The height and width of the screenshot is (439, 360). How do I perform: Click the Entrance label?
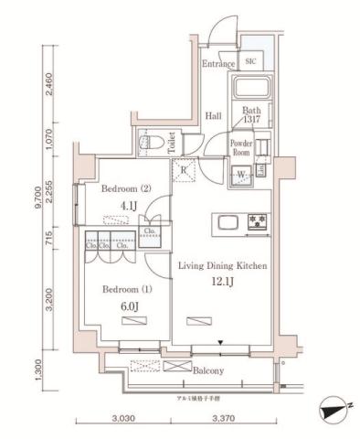click(x=219, y=64)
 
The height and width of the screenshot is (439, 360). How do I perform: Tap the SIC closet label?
click(x=251, y=61)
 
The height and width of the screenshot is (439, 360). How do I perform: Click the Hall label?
click(x=214, y=116)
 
